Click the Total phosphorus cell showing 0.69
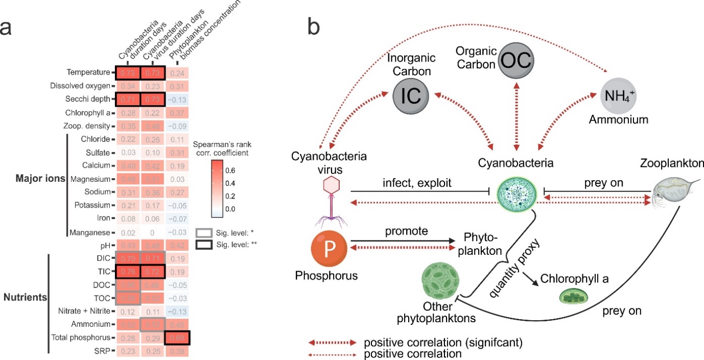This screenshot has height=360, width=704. point(177,337)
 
